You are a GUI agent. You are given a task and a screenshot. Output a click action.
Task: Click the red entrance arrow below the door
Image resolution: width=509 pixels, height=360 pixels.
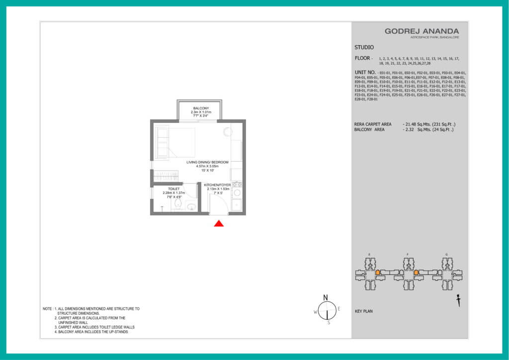pyautogui.click(x=219, y=224)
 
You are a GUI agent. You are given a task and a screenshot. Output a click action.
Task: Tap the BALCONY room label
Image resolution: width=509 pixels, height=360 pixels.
pyautogui.click(x=201, y=108)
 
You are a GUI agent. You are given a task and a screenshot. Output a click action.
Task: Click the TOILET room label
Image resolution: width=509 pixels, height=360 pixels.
pyautogui.click(x=173, y=189)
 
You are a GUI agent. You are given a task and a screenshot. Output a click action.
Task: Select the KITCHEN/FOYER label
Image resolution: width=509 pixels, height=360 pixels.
pyautogui.click(x=217, y=185)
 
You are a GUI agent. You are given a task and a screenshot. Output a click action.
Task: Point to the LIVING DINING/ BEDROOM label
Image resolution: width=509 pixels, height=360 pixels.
pyautogui.click(x=208, y=162)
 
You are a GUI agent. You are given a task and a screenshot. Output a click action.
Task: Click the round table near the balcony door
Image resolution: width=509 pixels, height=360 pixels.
pyautogui.click(x=228, y=132)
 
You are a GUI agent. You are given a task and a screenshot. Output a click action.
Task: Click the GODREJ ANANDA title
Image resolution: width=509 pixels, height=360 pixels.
pyautogui.click(x=422, y=31)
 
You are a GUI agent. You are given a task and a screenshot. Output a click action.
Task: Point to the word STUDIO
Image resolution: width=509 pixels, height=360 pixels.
pyautogui.click(x=364, y=48)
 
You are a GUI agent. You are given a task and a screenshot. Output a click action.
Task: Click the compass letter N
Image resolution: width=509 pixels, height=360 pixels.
pyautogui.click(x=326, y=297)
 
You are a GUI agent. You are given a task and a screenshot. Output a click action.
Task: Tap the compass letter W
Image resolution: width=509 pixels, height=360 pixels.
pyautogui.click(x=315, y=312)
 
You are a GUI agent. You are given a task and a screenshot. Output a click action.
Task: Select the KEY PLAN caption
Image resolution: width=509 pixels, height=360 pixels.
pyautogui.click(x=364, y=311)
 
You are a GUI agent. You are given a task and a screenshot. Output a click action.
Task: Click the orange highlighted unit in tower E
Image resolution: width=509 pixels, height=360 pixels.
pyautogui.click(x=378, y=273)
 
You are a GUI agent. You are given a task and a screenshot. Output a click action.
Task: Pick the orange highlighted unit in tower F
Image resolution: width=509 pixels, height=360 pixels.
pyautogui.click(x=416, y=273)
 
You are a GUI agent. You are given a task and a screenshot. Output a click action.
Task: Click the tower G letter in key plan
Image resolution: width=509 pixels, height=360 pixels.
pyautogui.click(x=446, y=255)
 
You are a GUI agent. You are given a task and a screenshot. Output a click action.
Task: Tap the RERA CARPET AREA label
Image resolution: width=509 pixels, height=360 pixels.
pyautogui.click(x=373, y=124)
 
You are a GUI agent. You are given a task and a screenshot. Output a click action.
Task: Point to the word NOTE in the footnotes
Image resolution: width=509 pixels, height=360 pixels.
pyautogui.click(x=48, y=309)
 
